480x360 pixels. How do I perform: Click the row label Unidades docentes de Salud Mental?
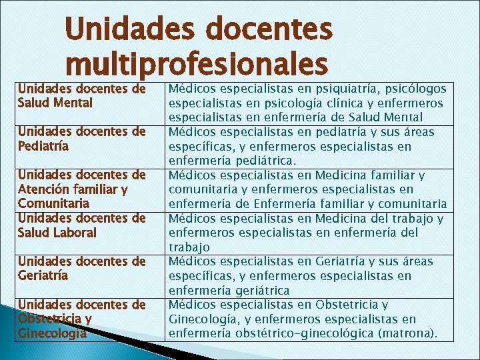(x=82, y=95)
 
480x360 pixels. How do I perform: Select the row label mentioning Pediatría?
(x=82, y=138)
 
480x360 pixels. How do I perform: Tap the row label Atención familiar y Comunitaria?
(x=82, y=189)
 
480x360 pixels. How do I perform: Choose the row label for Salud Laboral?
(x=82, y=225)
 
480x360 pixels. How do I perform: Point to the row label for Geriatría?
(x=82, y=268)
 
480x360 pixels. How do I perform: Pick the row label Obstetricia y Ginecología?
(x=82, y=319)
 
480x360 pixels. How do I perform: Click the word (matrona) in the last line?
(x=407, y=333)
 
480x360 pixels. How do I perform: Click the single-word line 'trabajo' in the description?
(x=189, y=247)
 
